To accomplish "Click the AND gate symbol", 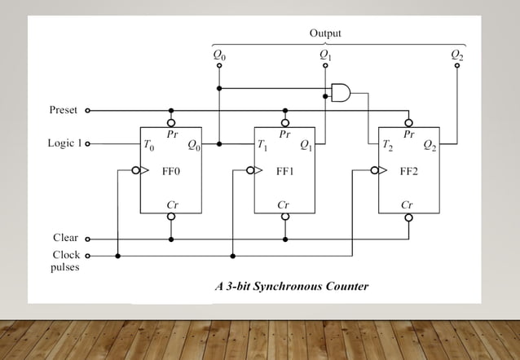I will (341, 93).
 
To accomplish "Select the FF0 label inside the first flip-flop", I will (170, 172).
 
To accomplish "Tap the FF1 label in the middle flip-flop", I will (285, 172).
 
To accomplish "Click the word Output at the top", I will (325, 33).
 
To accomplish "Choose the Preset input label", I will (64, 110).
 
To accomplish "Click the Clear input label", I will (65, 239).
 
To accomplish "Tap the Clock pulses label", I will (65, 261).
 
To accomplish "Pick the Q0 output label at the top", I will (219, 55).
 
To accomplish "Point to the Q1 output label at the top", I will (325, 55).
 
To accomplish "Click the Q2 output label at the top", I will (456, 55).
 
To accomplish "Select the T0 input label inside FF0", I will (148, 146).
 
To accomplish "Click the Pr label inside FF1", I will (284, 133).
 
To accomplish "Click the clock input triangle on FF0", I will (144, 172).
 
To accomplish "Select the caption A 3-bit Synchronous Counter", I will (291, 287).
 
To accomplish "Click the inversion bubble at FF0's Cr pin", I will (170, 217).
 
